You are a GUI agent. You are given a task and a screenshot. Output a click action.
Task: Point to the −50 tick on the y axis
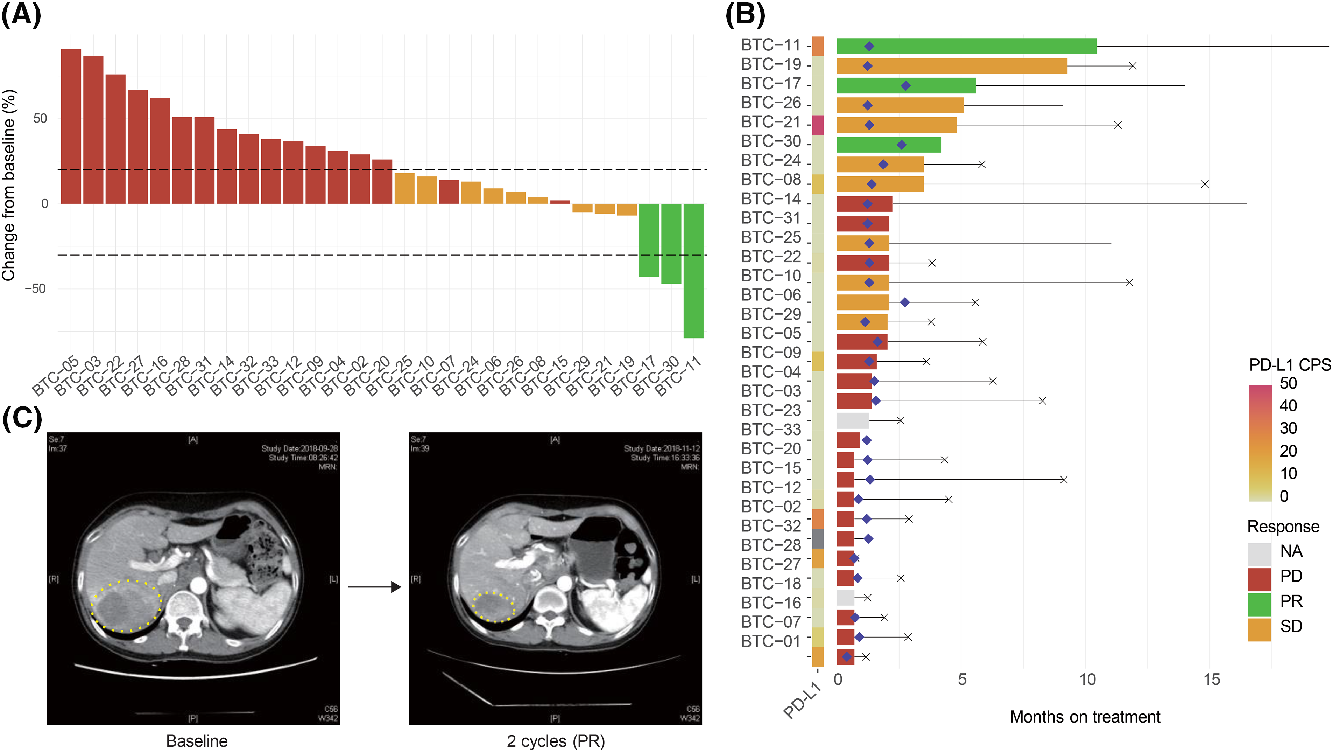(36, 288)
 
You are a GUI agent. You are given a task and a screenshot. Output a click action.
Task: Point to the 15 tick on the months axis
(1211, 680)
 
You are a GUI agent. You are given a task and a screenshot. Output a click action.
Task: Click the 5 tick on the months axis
(962, 680)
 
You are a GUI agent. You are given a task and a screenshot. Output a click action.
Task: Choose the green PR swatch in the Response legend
(1259, 602)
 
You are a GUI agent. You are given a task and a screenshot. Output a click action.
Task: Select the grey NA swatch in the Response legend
(1259, 552)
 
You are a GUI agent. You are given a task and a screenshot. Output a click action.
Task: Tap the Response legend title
(1283, 527)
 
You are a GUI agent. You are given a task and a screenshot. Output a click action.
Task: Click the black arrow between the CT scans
(375, 587)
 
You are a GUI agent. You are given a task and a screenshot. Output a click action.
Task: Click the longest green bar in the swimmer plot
(966, 46)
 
